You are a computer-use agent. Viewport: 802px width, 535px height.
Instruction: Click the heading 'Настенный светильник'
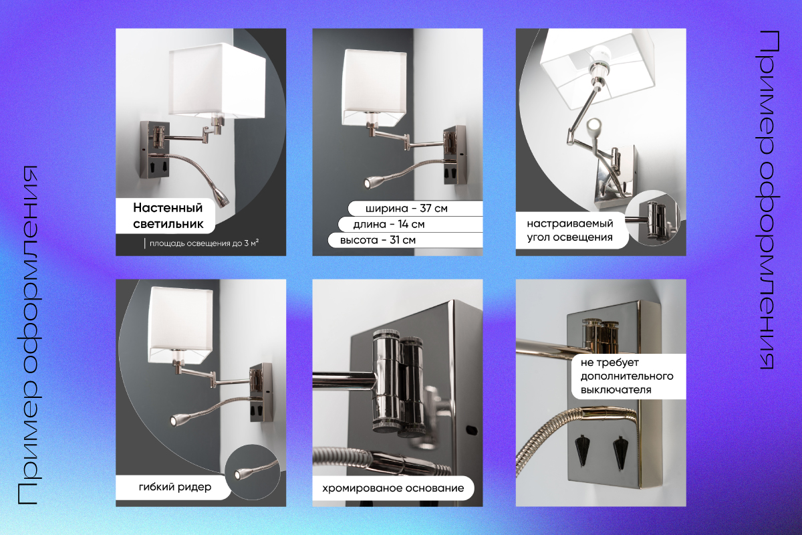(168, 216)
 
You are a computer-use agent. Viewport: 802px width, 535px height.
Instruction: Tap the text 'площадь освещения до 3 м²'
(204, 243)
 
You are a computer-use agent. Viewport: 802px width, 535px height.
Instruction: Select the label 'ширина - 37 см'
(406, 209)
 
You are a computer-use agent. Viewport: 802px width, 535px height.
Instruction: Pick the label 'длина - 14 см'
(389, 224)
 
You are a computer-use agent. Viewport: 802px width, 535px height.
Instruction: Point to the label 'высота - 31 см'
(378, 239)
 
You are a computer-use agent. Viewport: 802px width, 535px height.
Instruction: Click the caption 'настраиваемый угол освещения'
(569, 231)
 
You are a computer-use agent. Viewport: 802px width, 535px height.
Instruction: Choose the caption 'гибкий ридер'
(175, 487)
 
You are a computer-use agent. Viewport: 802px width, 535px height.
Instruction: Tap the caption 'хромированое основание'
(393, 488)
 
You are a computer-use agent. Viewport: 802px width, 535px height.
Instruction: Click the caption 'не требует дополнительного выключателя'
(627, 377)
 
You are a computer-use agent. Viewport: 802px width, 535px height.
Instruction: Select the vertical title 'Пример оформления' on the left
(28, 336)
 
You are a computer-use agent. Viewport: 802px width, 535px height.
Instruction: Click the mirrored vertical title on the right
(771, 200)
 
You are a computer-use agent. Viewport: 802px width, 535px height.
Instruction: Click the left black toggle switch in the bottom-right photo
(582, 451)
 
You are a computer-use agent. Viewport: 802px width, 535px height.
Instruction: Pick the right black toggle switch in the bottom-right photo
(620, 451)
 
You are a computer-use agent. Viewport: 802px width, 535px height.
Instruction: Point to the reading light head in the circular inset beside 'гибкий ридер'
(239, 473)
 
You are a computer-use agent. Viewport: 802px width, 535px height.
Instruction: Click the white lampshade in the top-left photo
(217, 80)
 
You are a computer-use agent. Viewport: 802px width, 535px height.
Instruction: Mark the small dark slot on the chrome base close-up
(471, 429)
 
